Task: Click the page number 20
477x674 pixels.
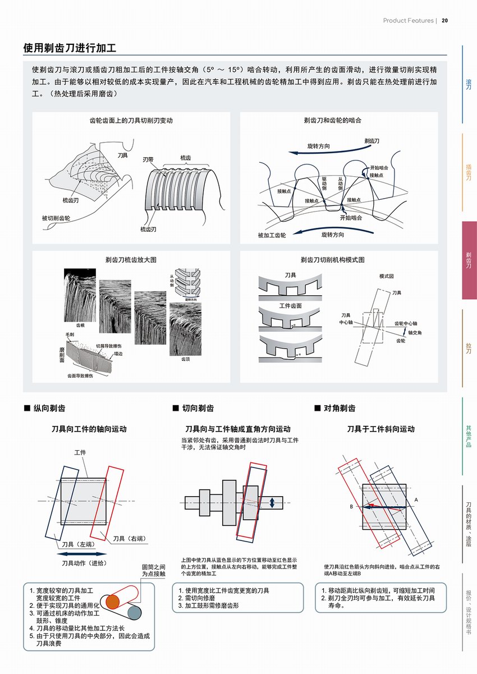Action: point(444,21)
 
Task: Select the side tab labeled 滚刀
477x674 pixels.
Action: point(469,84)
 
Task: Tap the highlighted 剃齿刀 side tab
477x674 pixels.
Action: point(469,259)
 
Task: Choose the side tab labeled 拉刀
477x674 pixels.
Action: point(469,347)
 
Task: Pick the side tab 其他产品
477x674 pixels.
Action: point(469,436)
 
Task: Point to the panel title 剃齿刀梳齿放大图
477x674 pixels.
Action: point(131,259)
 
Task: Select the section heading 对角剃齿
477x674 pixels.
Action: point(340,408)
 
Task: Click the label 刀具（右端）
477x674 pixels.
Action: point(130,539)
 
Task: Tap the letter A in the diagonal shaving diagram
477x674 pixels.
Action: point(416,499)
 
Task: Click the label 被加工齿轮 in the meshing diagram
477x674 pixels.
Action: point(272,235)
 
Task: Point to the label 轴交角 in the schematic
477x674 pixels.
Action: point(415,332)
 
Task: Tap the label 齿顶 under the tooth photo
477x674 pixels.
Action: point(185,359)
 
